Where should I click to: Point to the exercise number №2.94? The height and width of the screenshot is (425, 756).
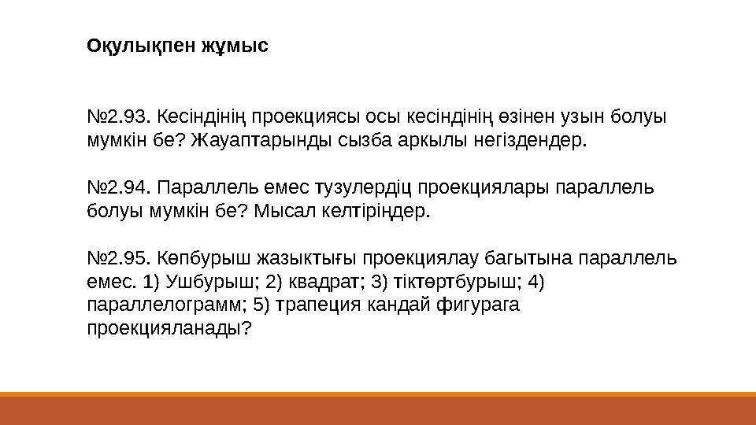119,189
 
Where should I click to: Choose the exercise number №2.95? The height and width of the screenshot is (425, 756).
119,259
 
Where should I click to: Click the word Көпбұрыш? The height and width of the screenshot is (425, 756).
195,259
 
